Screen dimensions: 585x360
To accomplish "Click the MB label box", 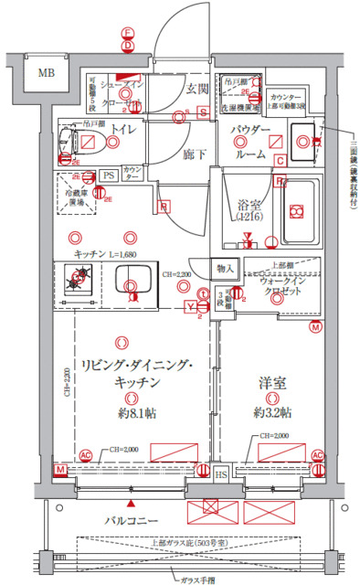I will pos(44,73).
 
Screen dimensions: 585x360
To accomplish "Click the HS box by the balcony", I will pos(221,474).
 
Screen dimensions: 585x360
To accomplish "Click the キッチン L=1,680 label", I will pos(107,253).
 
